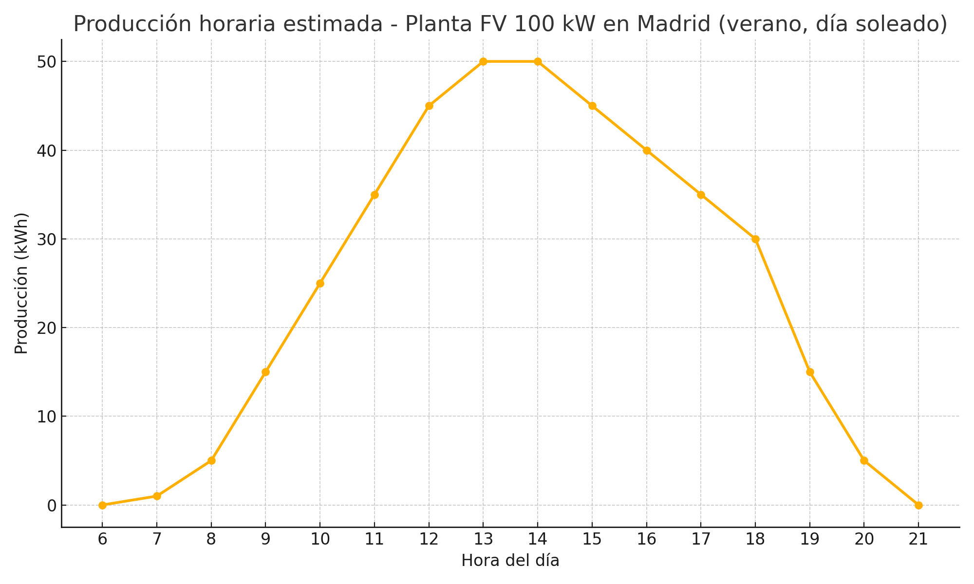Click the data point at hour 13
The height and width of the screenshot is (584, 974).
tap(483, 61)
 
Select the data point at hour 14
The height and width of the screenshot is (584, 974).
tap(538, 61)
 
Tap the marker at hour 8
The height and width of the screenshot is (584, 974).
tap(211, 460)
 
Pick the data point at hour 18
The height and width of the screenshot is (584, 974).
tap(755, 239)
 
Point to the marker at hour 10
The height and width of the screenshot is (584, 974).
tap(320, 283)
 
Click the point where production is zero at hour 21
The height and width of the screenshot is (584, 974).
tap(918, 505)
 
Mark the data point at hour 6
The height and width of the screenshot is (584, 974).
tap(102, 505)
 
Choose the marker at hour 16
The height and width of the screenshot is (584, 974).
tap(647, 150)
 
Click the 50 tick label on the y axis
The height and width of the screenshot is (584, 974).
tap(46, 62)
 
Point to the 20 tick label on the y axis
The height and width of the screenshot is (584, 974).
tap(46, 328)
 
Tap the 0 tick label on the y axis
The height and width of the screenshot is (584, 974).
tap(52, 506)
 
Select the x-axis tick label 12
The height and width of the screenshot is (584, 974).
tap(429, 539)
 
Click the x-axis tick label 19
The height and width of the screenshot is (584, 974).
tap(810, 539)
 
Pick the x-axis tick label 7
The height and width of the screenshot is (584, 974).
tap(157, 539)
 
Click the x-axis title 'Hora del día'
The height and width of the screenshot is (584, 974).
tap(510, 561)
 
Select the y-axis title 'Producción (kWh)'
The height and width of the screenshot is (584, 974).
tap(21, 283)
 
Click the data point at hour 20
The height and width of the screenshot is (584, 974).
tap(864, 460)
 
